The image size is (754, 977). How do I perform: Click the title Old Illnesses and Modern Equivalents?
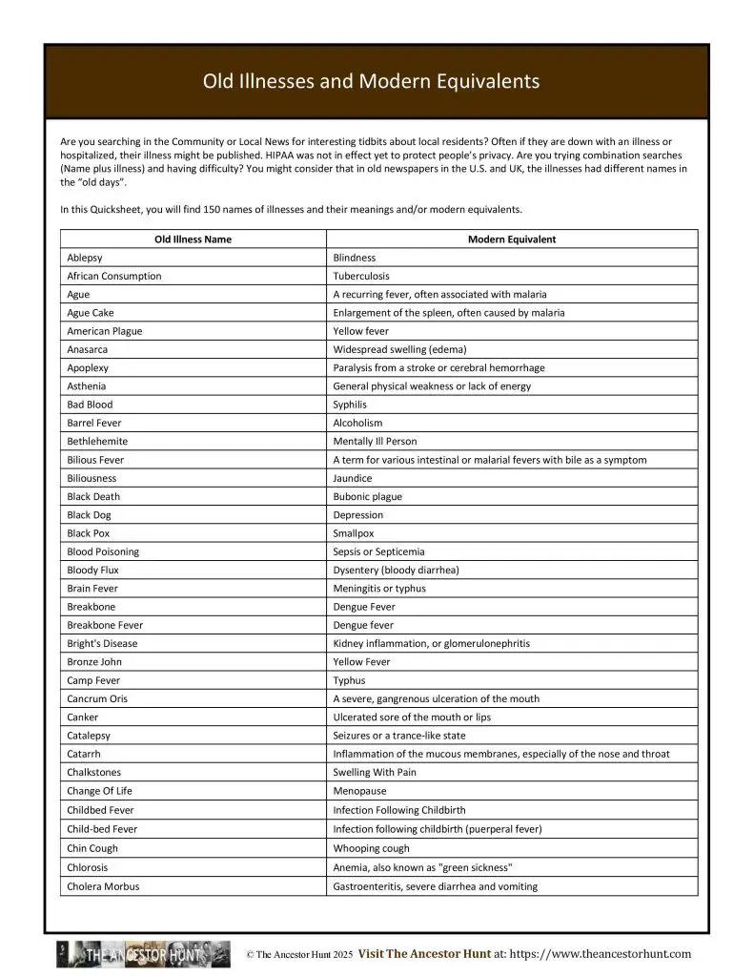(x=371, y=81)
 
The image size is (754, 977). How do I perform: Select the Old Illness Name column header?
(x=193, y=239)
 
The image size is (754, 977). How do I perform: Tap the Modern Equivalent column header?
(x=512, y=239)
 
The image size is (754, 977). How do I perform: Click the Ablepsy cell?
(x=85, y=258)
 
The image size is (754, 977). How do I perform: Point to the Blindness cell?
(x=355, y=258)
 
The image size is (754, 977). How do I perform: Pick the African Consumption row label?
(x=114, y=276)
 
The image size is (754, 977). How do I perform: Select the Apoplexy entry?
(x=88, y=367)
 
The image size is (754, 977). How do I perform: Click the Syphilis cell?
(x=350, y=405)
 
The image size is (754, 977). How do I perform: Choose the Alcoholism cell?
(x=357, y=423)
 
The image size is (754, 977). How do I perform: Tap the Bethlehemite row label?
(x=97, y=441)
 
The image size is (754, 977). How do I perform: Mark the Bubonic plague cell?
(x=368, y=496)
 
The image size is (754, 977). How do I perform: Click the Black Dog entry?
(x=89, y=514)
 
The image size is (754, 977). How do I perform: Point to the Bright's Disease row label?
(x=102, y=643)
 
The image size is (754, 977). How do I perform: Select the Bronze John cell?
(x=94, y=661)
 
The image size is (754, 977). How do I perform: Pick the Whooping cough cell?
(x=371, y=848)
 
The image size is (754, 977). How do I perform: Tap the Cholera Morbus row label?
(x=103, y=886)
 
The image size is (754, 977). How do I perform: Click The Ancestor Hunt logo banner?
(x=143, y=954)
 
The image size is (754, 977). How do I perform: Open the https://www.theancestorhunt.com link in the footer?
(x=600, y=953)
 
